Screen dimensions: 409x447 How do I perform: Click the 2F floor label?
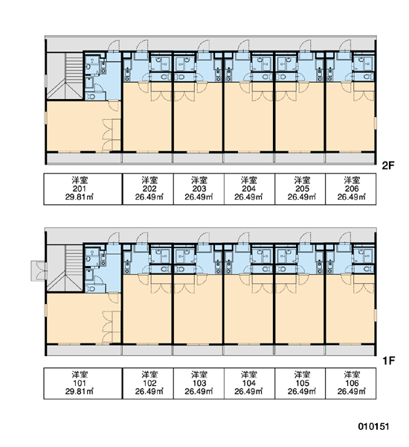click(x=388, y=165)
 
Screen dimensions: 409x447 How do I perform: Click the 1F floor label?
click(x=389, y=361)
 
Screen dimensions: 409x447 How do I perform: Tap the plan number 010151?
click(x=373, y=426)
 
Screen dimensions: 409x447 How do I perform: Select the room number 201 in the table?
click(x=80, y=188)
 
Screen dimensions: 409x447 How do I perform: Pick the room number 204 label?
click(x=249, y=188)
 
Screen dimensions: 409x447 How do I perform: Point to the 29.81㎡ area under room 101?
click(x=80, y=391)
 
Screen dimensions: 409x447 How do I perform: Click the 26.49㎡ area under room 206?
click(x=352, y=197)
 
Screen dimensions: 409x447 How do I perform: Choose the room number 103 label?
click(x=199, y=383)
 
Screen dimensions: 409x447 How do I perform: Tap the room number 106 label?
click(x=352, y=383)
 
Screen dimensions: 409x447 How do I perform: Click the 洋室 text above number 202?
click(x=149, y=180)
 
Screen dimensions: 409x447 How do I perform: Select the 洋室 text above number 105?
click(x=302, y=375)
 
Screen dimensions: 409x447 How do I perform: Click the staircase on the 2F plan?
click(x=65, y=76)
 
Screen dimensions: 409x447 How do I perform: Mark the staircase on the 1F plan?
click(x=65, y=268)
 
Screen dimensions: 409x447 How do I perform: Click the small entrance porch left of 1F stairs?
click(x=38, y=270)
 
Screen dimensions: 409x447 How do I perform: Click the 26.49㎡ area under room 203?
click(x=199, y=197)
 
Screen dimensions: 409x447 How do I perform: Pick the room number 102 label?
click(x=149, y=383)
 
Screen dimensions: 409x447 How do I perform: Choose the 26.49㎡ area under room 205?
click(x=302, y=197)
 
